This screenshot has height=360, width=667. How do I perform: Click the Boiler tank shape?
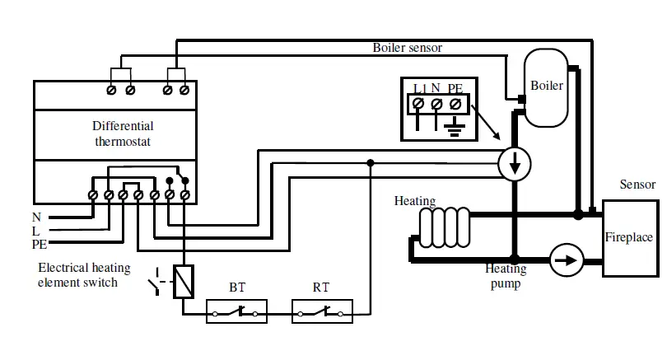tap(546, 87)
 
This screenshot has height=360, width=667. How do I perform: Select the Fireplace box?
tap(629, 237)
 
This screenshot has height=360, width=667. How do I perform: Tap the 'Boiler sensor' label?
tap(408, 48)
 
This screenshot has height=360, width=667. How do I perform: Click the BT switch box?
tap(237, 312)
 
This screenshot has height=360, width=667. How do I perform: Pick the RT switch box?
tap(323, 312)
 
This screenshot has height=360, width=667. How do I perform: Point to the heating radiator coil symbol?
tap(444, 227)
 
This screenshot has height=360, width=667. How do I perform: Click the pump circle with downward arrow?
tap(515, 165)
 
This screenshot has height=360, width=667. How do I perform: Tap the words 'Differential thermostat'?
tap(123, 134)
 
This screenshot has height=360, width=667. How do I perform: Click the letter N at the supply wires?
tap(36, 217)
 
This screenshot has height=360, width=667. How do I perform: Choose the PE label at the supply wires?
tap(40, 245)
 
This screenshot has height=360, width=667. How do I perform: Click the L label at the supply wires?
tap(35, 231)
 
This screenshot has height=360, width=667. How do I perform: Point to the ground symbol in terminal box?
tap(453, 125)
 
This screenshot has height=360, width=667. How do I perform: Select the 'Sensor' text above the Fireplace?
tap(637, 185)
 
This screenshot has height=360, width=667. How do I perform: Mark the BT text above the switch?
tap(237, 288)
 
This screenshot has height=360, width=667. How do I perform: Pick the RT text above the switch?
tap(321, 288)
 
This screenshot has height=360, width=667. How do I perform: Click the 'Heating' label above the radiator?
tap(414, 200)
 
